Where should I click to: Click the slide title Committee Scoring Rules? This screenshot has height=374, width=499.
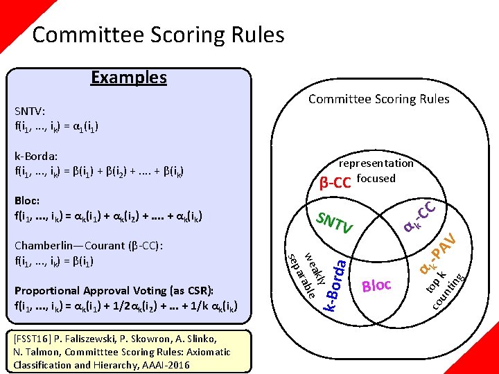click(158, 35)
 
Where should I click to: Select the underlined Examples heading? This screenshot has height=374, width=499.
click(129, 77)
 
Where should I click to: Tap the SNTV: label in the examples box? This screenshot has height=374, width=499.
click(30, 110)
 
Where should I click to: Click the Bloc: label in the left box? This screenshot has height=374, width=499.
click(27, 199)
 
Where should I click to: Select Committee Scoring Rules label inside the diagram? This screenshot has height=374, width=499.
click(378, 99)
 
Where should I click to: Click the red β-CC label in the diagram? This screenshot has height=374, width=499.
click(335, 183)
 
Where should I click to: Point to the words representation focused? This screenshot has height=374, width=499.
click(376, 171)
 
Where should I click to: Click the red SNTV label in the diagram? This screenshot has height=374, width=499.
click(335, 222)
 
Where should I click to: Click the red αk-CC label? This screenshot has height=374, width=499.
click(420, 215)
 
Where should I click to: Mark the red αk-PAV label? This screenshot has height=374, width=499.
click(439, 255)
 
